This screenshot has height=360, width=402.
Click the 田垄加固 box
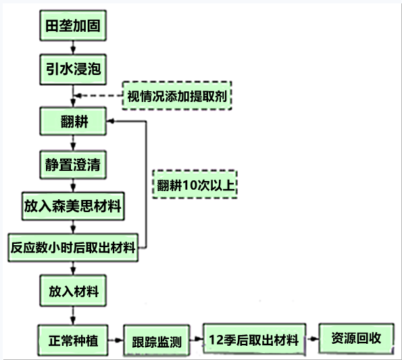73,26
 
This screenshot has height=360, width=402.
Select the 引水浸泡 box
73,69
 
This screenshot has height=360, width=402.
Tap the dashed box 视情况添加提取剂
177,96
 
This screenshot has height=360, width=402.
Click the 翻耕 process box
73,121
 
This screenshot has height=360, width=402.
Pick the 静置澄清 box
73,165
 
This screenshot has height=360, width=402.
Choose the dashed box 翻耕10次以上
195,184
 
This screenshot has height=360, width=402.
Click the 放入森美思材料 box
73,206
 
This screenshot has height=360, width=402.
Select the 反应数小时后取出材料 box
73,247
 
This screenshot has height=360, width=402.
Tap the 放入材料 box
73,291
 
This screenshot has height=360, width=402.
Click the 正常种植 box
73,340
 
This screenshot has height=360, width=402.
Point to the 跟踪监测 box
157,341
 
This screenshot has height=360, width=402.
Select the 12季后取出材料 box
254,339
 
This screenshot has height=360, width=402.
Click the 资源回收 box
356,338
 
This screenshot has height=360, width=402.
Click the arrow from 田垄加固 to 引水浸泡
73,47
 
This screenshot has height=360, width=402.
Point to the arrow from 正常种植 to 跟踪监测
116,340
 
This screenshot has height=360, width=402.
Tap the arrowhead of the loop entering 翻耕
110,121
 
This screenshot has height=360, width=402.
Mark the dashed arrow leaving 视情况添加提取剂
99,96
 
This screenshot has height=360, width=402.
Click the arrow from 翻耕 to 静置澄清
73,143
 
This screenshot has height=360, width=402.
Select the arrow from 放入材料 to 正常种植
73,315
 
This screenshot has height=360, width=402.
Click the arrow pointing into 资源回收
313,339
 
